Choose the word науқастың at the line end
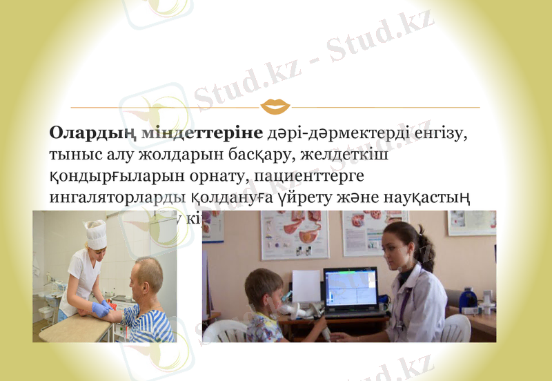click(x=429, y=198)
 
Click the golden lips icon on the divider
click(x=275, y=107)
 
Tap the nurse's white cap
click(x=96, y=233)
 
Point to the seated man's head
click(x=148, y=275)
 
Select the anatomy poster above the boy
click(x=295, y=235)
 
